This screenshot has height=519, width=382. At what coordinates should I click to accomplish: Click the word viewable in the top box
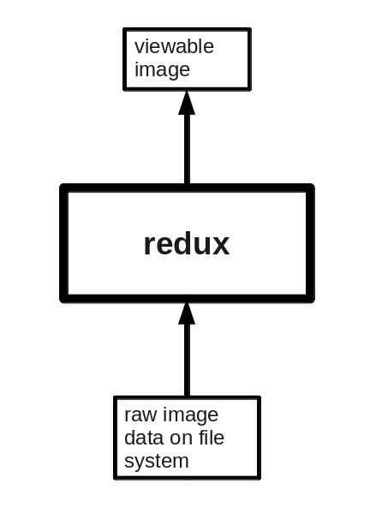[x=174, y=46]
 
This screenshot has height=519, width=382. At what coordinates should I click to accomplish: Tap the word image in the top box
[x=162, y=70]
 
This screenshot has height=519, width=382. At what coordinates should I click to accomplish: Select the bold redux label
[x=187, y=244]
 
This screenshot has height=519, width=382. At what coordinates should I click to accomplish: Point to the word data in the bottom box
[x=144, y=438]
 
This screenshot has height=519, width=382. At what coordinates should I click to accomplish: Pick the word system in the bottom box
[x=157, y=462]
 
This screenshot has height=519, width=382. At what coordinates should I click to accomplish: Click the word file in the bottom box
[x=212, y=437]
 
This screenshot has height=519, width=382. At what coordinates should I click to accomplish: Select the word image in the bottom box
[x=190, y=415]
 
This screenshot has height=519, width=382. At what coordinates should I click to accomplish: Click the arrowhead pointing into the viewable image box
[x=187, y=103]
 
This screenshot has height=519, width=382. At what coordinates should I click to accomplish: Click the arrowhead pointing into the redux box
[x=187, y=313]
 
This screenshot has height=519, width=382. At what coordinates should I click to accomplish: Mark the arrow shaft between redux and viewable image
[x=187, y=149]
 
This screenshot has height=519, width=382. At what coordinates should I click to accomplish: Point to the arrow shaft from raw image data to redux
[x=187, y=361]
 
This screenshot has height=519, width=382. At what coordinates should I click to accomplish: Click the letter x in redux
[x=220, y=247]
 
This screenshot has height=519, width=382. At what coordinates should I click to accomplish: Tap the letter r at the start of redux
[x=150, y=247]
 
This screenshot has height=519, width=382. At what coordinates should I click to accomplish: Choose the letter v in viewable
[x=140, y=49]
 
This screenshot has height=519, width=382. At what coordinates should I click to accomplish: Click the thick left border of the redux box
[x=64, y=243]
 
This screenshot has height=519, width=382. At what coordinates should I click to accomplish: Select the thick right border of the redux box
[x=311, y=243]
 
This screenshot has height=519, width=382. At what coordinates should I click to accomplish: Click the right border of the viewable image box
[x=249, y=59]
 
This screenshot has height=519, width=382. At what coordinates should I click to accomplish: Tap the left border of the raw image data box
[x=115, y=438]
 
